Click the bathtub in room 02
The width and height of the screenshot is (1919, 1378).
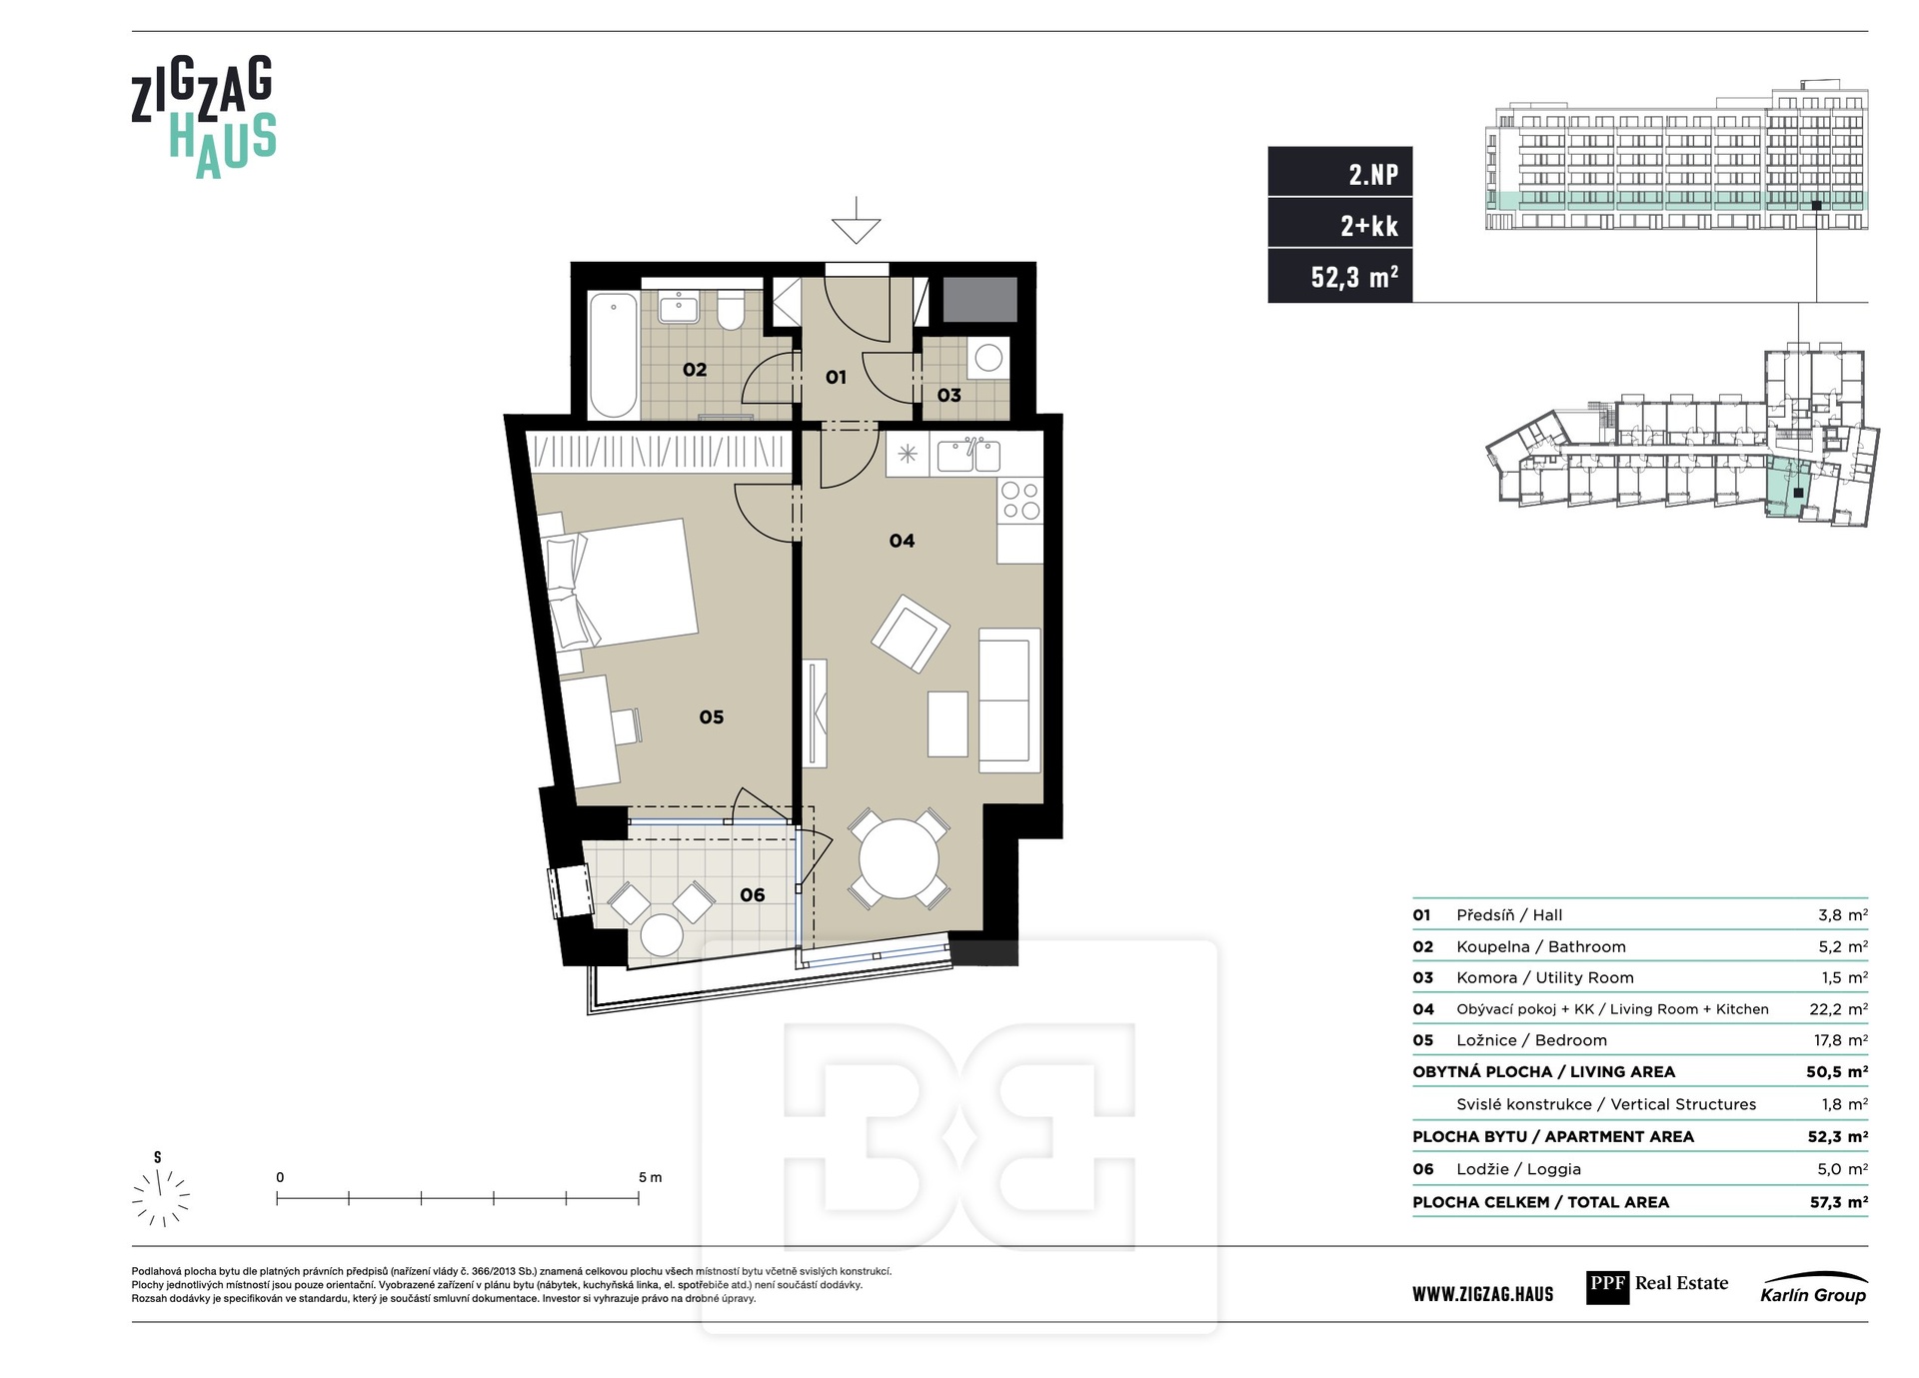point(613,355)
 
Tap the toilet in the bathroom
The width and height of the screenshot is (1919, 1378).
point(731,311)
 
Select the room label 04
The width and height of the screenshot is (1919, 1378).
point(902,541)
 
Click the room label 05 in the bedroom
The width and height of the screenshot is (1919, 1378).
point(712,716)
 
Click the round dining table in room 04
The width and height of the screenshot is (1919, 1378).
point(900,859)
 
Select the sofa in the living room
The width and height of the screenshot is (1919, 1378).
point(1009,699)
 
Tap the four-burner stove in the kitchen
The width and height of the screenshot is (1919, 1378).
point(1020,501)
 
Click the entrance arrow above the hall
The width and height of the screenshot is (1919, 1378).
point(856,221)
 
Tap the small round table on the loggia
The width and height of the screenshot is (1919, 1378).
point(662,935)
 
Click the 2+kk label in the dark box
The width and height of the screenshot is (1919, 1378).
point(1369,226)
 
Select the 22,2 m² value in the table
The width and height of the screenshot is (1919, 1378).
point(1838,1009)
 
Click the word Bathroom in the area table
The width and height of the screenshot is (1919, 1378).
point(1587,946)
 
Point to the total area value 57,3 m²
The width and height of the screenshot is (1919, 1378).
point(1838,1202)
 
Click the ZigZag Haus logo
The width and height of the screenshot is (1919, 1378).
point(204,118)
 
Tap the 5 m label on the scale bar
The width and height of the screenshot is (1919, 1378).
point(650,1177)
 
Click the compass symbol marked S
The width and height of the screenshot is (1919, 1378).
point(161,1191)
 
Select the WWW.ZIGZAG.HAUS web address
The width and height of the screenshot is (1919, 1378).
point(1483,1295)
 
